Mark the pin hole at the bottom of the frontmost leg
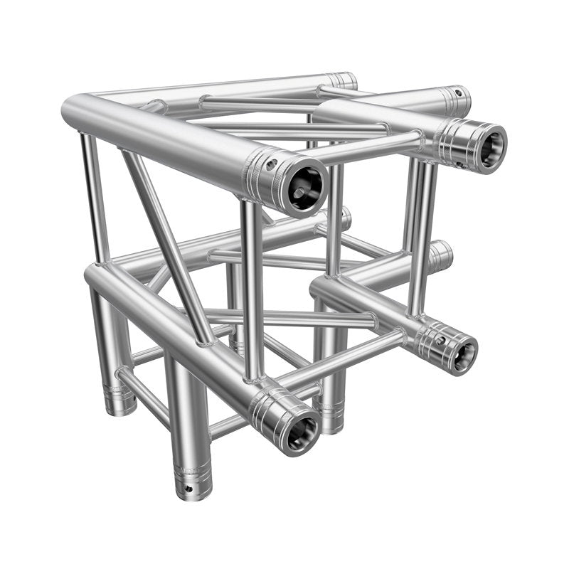click(x=189, y=488)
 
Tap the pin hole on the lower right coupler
click(x=441, y=341)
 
